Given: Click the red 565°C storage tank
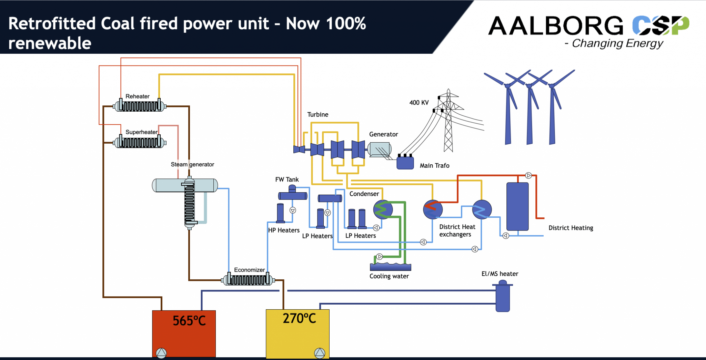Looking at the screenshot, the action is [x=184, y=333].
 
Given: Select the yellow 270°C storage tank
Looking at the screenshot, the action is [x=297, y=334].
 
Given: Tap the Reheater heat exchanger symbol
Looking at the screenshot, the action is [x=140, y=105].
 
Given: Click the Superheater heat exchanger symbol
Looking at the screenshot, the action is [x=140, y=142].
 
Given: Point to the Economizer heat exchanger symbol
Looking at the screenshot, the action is [x=248, y=279].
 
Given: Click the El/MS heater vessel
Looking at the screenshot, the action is [x=503, y=296].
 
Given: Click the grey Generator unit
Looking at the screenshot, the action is [x=380, y=150].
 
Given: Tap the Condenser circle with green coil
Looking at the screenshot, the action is [x=383, y=209].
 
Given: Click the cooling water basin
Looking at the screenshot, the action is [x=391, y=266].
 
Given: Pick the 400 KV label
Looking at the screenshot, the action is [x=419, y=102].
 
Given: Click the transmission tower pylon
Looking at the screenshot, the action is [x=448, y=121].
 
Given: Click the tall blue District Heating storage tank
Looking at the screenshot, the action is [x=517, y=206].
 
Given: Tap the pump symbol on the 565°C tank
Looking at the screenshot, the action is [x=161, y=353].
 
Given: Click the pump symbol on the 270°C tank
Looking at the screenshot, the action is [x=320, y=353].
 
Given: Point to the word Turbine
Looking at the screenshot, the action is [x=318, y=114].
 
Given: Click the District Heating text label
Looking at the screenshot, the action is [x=571, y=228].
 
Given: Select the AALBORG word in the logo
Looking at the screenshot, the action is [x=556, y=26].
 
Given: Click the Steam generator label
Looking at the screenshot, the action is [x=192, y=164].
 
